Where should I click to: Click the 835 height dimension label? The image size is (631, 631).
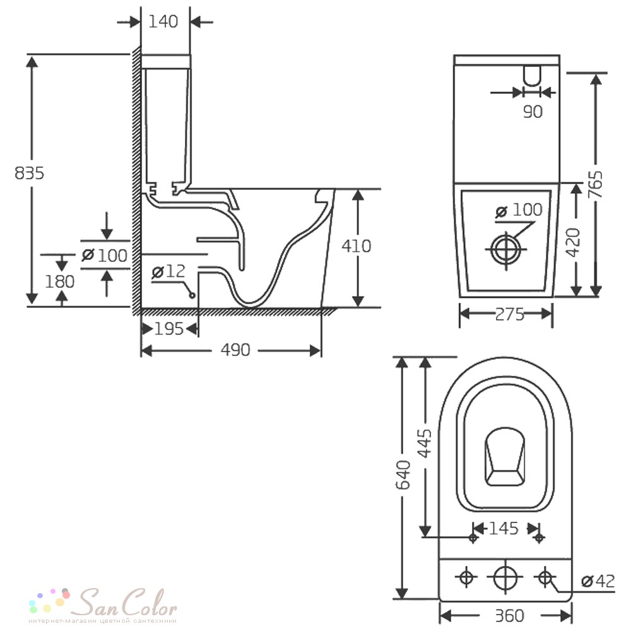click(x=29, y=173)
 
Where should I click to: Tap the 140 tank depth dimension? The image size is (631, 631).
click(x=163, y=21)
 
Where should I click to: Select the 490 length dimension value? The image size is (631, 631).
click(x=235, y=350)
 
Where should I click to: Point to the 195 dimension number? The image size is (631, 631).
click(x=169, y=329)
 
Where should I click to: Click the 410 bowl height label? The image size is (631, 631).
click(x=356, y=246)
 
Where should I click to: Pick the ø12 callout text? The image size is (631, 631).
click(x=168, y=271)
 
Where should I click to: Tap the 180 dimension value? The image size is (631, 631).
click(x=59, y=281)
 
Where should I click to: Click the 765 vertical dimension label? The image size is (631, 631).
click(x=596, y=184)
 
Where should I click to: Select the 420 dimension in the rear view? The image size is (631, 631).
click(x=573, y=242)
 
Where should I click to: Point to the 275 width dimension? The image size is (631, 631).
click(x=510, y=314)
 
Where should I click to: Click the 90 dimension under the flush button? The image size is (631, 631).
click(x=533, y=112)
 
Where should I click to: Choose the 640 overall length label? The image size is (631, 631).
click(x=403, y=475)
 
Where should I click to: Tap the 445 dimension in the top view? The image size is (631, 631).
click(x=425, y=444)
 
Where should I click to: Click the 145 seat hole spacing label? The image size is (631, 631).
click(x=504, y=528)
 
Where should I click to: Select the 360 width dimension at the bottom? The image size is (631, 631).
click(x=509, y=616)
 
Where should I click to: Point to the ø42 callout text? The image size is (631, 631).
click(x=598, y=581)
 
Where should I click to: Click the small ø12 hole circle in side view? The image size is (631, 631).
click(x=192, y=295)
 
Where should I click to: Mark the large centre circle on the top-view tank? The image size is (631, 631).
click(x=505, y=577)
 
